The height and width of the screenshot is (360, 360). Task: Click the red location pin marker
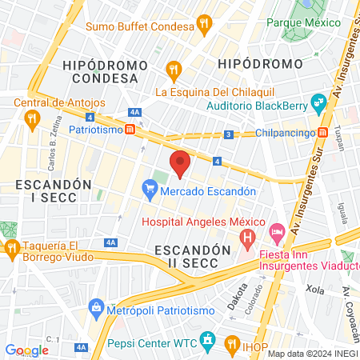click(181, 163)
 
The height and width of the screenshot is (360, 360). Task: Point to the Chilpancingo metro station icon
click(322, 133)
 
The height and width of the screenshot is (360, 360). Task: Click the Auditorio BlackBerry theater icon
click(318, 102)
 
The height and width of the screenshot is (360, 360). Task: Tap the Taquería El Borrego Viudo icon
click(11, 247)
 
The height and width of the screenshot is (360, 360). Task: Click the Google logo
click(26, 350)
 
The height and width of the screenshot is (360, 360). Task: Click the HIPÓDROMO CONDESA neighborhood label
click(109, 71)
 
